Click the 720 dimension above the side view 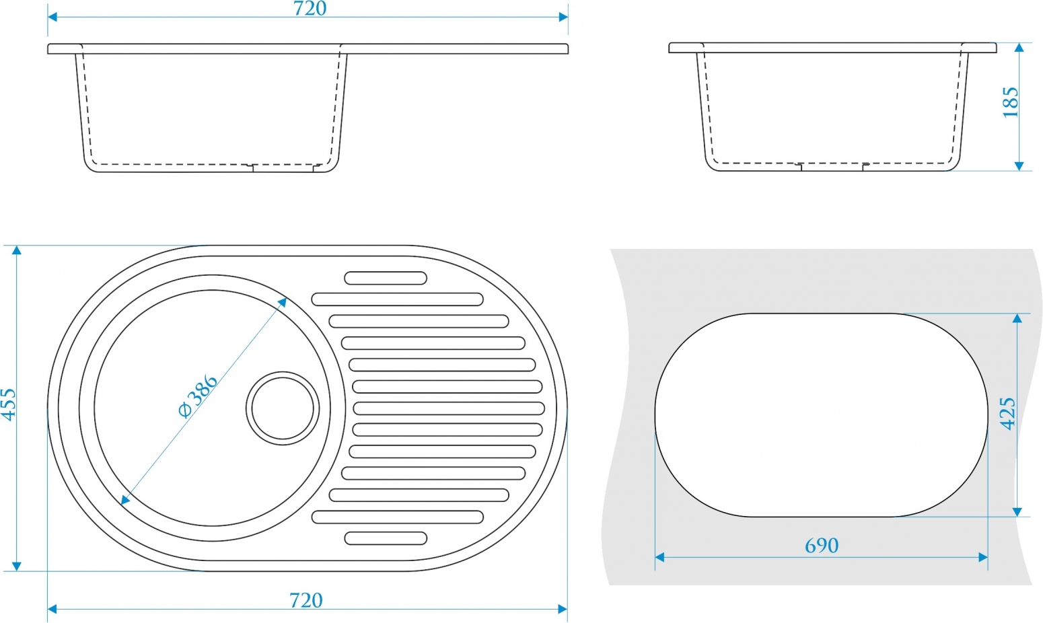(310, 8)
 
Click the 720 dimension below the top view (306, 600)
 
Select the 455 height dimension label (9, 404)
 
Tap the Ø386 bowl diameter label (198, 396)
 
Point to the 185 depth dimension (1010, 102)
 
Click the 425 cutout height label (1007, 414)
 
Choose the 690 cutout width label (822, 545)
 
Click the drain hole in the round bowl (283, 408)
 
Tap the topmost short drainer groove (386, 278)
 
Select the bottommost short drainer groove (386, 538)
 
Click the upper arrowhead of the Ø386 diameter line (282, 302)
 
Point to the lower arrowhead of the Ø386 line (124, 501)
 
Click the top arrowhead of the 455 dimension (17, 250)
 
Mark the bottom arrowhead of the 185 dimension (1019, 166)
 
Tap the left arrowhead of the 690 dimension (659, 557)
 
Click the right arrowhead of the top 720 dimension (563, 17)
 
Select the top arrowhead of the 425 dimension (1017, 318)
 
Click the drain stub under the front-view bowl (283, 168)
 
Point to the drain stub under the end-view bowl (832, 167)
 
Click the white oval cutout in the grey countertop (822, 415)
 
